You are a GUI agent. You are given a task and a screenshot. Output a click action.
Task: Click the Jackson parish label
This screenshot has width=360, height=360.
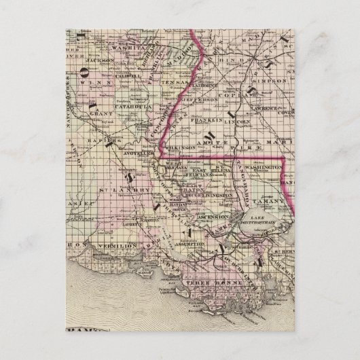pos(100,60)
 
